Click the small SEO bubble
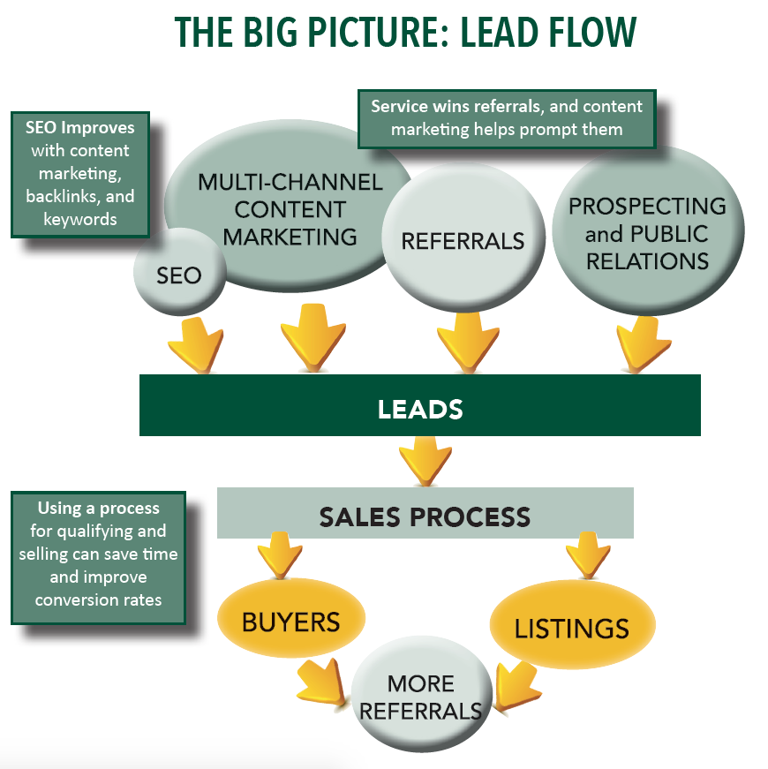pyautogui.click(x=179, y=275)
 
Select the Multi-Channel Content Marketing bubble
pyautogui.click(x=290, y=210)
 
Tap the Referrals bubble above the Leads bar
pyautogui.click(x=463, y=240)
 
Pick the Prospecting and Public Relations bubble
pyautogui.click(x=647, y=233)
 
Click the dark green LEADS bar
pyautogui.click(x=420, y=409)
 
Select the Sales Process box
pyautogui.click(x=425, y=516)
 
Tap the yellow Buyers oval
pyautogui.click(x=290, y=622)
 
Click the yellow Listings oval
pyautogui.click(x=571, y=628)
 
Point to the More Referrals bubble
pyautogui.click(x=421, y=697)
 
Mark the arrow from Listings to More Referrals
pyautogui.click(x=514, y=687)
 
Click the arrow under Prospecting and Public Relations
pyautogui.click(x=639, y=343)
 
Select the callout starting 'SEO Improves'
pyautogui.click(x=79, y=173)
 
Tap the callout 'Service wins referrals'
pyautogui.click(x=506, y=118)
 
